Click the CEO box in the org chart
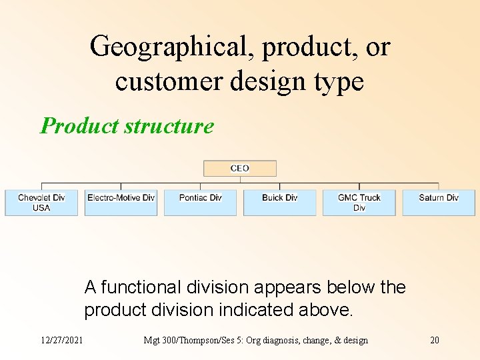pyautogui.click(x=240, y=169)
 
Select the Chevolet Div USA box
pyautogui.click(x=41, y=203)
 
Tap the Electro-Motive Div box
pyautogui.click(x=121, y=203)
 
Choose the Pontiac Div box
pyautogui.click(x=200, y=203)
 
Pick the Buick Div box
pyautogui.click(x=279, y=203)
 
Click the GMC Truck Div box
pyautogui.click(x=359, y=203)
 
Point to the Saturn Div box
pyautogui.click(x=438, y=203)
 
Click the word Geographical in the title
pyautogui.click(x=171, y=47)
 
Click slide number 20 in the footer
pyautogui.click(x=435, y=340)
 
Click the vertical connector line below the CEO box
pyautogui.click(x=240, y=180)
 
